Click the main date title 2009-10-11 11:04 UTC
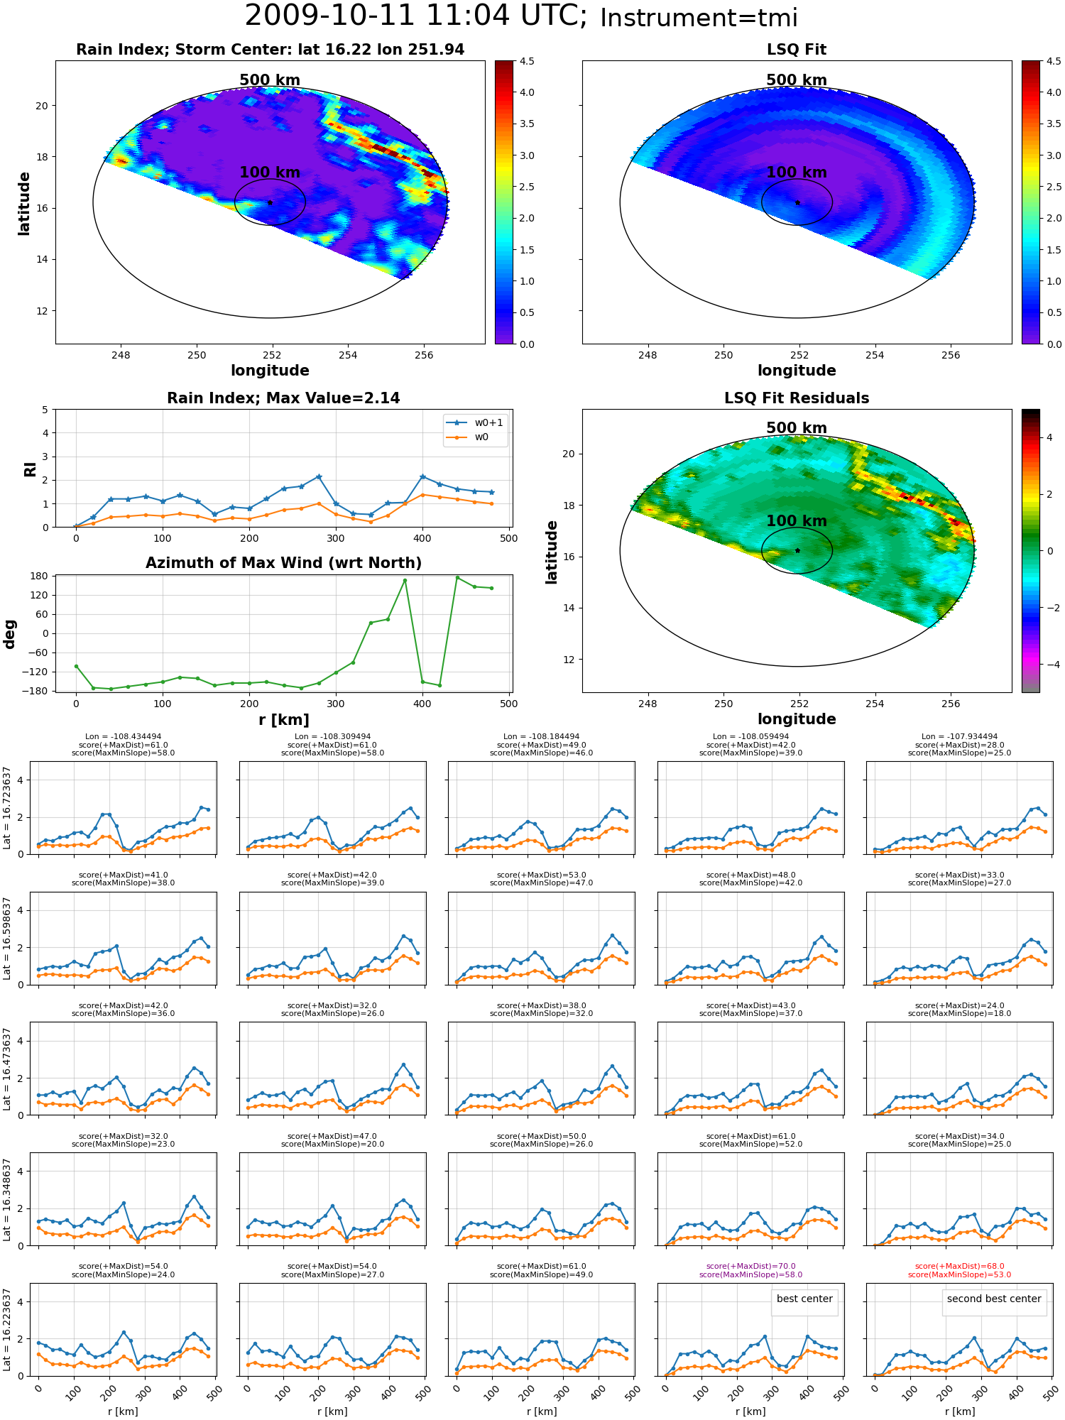coord(416,16)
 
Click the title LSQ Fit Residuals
coord(797,398)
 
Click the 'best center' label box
coord(804,1299)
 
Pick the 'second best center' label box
coord(994,1299)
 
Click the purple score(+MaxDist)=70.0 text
coord(751,1266)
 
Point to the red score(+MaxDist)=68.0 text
coord(960,1266)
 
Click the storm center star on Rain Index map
coord(270,202)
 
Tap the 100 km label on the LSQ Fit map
coord(797,173)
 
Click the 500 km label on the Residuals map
coord(797,428)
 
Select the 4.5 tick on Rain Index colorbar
coord(526,61)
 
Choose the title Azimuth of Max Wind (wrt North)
coord(283,563)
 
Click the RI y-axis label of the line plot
coord(30,469)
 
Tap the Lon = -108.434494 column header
coord(123,736)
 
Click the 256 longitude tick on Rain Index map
coord(424,356)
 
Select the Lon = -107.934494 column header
coord(960,736)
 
